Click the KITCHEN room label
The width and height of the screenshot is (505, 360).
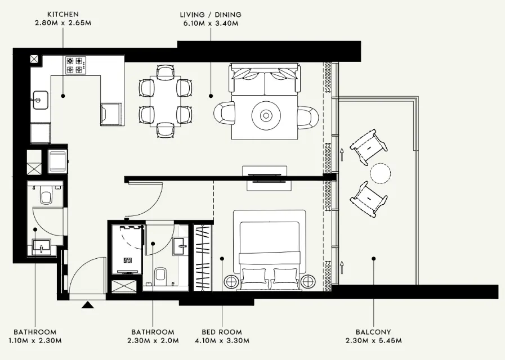point(62,13)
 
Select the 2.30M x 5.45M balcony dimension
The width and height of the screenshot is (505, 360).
point(373,341)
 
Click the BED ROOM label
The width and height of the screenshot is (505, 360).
point(222,332)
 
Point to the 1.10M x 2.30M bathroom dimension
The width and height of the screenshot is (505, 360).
point(35,341)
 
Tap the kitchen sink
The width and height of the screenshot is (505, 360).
point(39,101)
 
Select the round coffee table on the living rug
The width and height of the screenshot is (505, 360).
point(265,115)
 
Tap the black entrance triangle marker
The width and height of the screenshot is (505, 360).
point(88,305)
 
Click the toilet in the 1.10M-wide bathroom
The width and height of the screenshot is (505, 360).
point(46,197)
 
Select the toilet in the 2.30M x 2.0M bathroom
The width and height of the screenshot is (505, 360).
point(160,275)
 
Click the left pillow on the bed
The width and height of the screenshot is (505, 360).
point(254,276)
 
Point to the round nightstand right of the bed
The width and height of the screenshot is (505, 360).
point(309,281)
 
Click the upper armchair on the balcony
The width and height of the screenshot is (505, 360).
point(369,145)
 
